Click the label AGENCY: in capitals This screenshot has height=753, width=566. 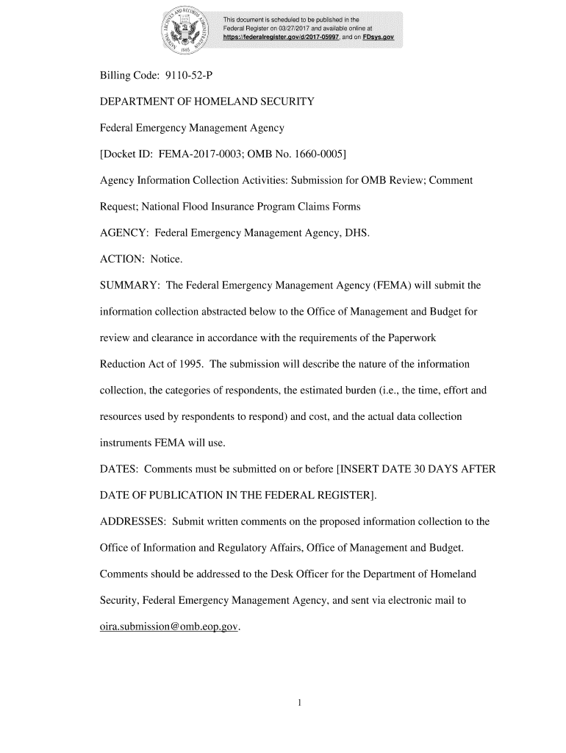coord(123,233)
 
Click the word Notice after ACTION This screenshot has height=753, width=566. coord(165,259)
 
